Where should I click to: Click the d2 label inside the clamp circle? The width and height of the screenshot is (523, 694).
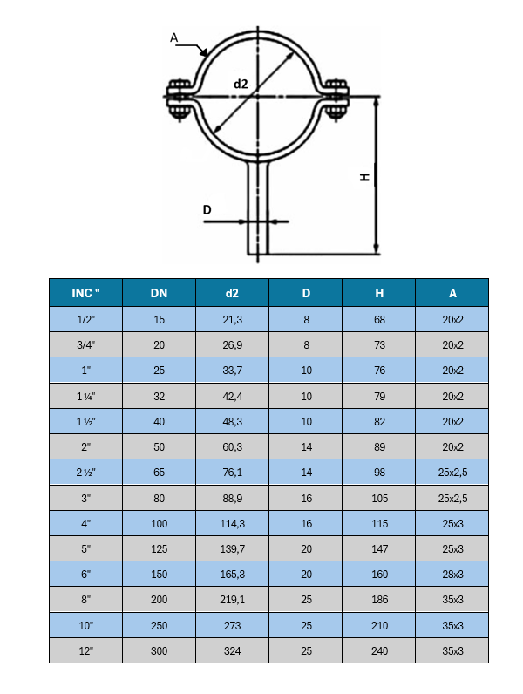241,84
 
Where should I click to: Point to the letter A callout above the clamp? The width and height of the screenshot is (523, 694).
173,37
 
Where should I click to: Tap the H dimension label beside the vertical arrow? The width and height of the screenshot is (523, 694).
364,177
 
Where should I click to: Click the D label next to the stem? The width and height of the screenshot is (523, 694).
207,209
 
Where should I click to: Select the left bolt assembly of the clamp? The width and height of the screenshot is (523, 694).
179,99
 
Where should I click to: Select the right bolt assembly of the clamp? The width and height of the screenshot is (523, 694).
336,99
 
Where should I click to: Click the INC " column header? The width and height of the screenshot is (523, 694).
85,293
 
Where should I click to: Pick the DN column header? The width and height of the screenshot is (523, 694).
159,293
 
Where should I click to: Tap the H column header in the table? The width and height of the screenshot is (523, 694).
379,293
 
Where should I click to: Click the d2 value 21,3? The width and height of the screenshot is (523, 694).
232,320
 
